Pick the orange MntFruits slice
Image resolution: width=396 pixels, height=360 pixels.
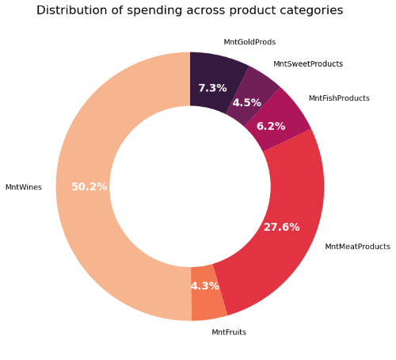point(208,301)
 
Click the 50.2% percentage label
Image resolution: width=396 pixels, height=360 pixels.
point(89,187)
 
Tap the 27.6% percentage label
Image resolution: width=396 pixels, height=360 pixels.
point(281,228)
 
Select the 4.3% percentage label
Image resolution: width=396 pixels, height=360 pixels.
point(204,286)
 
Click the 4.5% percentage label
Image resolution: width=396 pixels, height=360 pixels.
point(246,103)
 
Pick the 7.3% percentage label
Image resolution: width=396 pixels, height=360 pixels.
point(212,88)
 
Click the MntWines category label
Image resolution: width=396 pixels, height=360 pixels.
point(24,187)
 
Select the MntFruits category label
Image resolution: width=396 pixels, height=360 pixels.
point(229,332)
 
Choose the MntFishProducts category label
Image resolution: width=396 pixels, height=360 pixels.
point(339,98)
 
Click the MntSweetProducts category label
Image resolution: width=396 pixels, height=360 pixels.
point(308,64)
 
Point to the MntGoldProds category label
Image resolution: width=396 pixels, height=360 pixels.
point(249,42)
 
